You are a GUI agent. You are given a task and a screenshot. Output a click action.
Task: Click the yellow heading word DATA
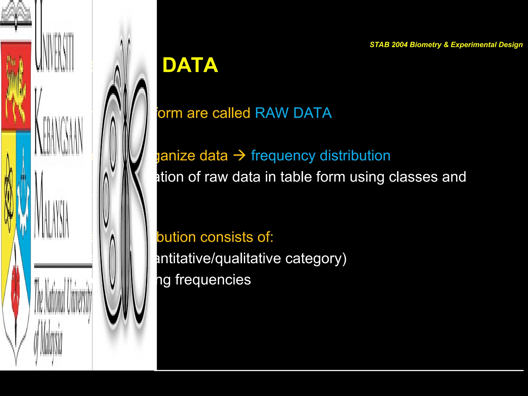click(x=190, y=65)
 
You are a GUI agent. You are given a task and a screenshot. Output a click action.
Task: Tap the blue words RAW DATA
click(x=293, y=113)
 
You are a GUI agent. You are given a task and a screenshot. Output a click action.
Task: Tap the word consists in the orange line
click(x=227, y=237)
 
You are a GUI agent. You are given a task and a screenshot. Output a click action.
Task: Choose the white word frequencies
click(x=213, y=280)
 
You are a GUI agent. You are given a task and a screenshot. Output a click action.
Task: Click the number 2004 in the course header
click(x=399, y=45)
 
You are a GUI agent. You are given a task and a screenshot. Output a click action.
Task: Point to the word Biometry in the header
click(x=425, y=45)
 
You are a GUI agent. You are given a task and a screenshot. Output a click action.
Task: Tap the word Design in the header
click(x=510, y=45)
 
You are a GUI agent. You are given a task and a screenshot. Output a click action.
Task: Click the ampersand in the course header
click(x=446, y=45)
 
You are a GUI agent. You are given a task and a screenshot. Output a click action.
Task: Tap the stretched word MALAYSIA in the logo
click(x=52, y=206)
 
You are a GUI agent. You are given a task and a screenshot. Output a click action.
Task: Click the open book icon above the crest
click(x=16, y=15)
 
